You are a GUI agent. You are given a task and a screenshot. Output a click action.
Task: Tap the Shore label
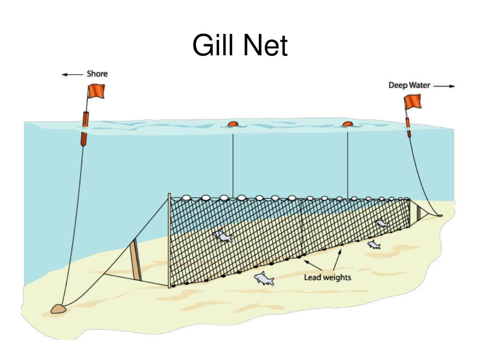[97, 74]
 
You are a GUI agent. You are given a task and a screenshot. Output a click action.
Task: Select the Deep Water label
[409, 85]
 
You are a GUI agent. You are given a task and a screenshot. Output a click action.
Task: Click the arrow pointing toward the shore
[72, 75]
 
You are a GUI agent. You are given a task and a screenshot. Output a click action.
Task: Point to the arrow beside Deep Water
[444, 86]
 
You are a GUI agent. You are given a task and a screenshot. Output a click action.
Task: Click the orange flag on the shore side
[97, 90]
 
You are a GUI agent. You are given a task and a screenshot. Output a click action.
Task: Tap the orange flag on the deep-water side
[412, 102]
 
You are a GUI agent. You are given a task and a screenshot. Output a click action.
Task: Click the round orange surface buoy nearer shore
[233, 124]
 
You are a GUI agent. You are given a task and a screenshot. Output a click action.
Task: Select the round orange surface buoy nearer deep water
[348, 124]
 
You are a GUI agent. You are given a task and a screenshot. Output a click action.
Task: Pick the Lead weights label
[327, 277]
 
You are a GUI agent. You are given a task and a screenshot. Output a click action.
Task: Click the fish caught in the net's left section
[223, 236]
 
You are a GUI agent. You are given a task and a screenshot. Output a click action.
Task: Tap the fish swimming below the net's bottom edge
[264, 278]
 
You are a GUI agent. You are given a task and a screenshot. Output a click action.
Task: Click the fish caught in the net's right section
[382, 224]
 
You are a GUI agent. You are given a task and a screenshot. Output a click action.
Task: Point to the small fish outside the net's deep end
[374, 245]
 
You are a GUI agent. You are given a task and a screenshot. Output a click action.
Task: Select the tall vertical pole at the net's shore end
[169, 240]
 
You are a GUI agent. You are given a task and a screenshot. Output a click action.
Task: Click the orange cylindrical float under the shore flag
[85, 128]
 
